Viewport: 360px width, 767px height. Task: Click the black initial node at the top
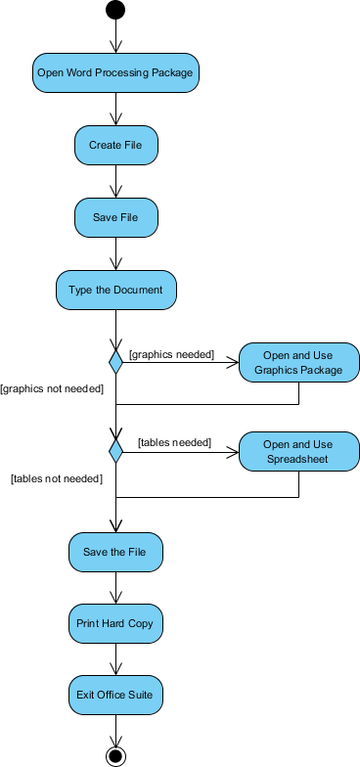tap(115, 11)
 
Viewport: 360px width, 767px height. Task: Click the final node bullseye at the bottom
tap(115, 755)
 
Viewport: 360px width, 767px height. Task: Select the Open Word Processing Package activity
tap(115, 72)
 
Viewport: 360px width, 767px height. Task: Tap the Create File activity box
tap(115, 145)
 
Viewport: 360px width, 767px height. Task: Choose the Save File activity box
tap(115, 217)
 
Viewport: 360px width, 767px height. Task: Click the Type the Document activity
tap(115, 291)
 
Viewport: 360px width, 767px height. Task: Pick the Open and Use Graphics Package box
tap(298, 363)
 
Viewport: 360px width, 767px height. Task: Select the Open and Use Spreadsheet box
tap(298, 451)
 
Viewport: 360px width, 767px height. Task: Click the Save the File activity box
tap(115, 552)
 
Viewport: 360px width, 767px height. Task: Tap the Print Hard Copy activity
tap(115, 623)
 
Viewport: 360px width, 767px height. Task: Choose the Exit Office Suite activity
tap(115, 696)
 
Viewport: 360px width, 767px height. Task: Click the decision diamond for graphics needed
tap(115, 363)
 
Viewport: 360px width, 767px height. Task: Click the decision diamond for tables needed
tap(115, 451)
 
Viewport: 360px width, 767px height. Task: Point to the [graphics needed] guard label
tap(171, 354)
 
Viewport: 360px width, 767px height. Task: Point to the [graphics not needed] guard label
tap(52, 388)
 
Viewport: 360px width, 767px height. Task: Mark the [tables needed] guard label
tap(174, 442)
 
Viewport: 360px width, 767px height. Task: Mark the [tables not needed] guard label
tap(57, 478)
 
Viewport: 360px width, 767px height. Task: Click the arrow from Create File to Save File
tap(115, 181)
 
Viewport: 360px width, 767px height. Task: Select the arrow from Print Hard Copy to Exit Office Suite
tap(115, 659)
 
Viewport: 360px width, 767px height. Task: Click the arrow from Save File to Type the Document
tap(115, 253)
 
